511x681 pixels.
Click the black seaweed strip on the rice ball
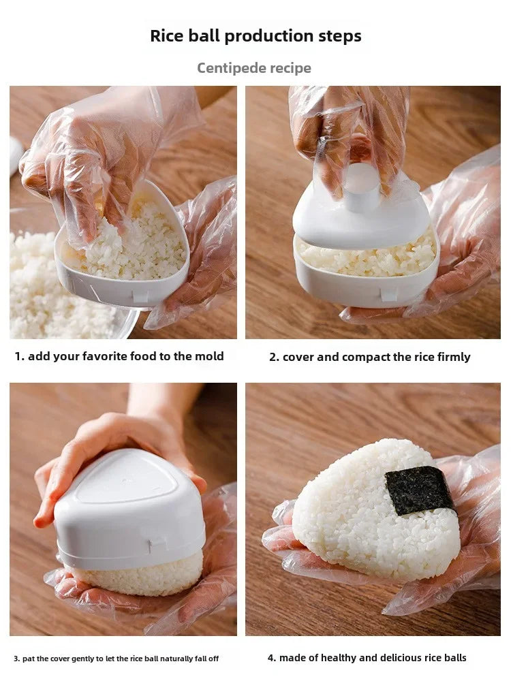pos(419,490)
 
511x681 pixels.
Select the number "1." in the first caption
pos(20,356)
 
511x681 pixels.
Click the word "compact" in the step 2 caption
pos(361,357)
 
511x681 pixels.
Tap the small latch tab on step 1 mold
pos(140,296)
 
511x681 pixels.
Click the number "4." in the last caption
pos(272,658)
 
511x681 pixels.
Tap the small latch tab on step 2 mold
pos(388,294)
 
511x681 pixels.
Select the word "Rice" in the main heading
pos(165,36)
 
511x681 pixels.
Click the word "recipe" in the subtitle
pos(288,68)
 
